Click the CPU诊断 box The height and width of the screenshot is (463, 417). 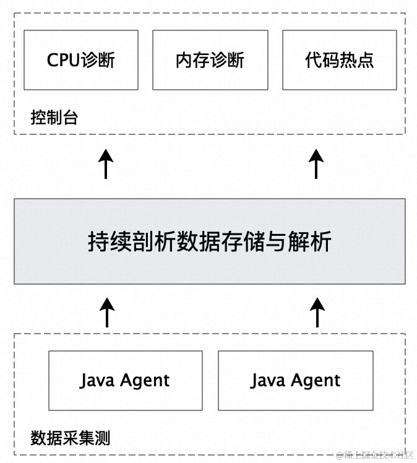click(81, 60)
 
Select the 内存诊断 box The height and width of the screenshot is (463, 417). click(210, 60)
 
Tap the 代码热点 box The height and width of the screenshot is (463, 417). click(340, 60)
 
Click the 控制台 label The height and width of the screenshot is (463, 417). click(54, 118)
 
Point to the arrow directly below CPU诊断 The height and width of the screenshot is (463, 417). click(106, 164)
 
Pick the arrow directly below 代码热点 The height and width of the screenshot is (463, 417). click(317, 164)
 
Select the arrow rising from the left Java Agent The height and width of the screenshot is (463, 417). click(106, 313)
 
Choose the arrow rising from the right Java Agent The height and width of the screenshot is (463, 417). click(317, 313)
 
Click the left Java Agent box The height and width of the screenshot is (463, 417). click(125, 381)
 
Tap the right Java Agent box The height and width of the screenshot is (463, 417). click(296, 381)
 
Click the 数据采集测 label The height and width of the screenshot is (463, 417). click(70, 438)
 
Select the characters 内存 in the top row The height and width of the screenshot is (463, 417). click(192, 60)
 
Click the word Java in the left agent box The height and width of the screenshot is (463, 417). click(97, 380)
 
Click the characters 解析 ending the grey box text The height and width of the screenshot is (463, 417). click(311, 241)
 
